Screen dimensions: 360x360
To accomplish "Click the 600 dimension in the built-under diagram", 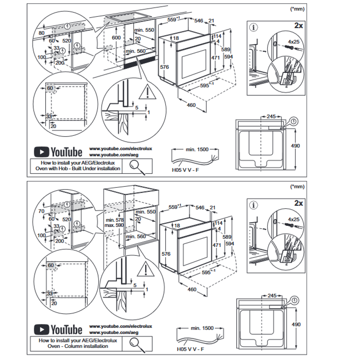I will coord(116,37).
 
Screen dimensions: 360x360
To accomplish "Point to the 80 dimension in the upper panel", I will coord(41,32).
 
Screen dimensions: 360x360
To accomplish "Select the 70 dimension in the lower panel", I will coord(41,210).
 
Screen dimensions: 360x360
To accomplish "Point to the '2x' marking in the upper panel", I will coord(298,25).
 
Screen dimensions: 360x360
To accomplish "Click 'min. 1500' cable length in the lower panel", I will coord(202,328).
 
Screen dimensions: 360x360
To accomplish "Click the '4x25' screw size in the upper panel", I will coord(294,41).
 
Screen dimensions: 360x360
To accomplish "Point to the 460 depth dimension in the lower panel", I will coord(192,290).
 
